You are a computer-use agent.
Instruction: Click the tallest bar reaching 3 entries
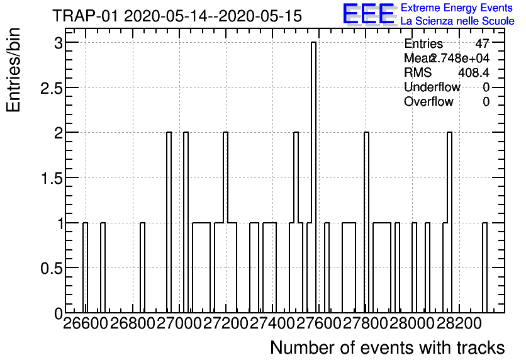click(x=313, y=176)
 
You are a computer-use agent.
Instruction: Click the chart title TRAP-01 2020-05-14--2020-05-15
click(x=177, y=16)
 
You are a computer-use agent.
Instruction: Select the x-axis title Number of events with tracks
click(x=387, y=347)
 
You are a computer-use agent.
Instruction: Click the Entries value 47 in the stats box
click(x=482, y=44)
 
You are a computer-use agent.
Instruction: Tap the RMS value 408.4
click(x=474, y=72)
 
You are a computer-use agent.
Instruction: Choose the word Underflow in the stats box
click(x=432, y=87)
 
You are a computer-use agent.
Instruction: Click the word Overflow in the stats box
click(x=428, y=101)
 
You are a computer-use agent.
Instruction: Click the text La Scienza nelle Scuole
click(x=457, y=21)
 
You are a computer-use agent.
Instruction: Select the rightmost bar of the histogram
click(x=484, y=267)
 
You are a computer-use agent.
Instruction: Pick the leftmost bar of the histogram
click(x=86, y=267)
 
